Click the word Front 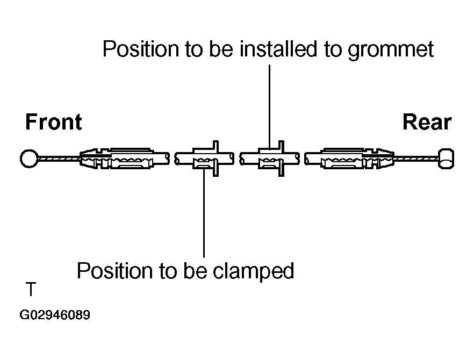54,123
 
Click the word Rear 427,123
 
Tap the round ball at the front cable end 28,159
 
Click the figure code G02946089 55,315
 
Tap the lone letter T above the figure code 31,290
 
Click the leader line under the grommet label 269,102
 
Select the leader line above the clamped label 204,215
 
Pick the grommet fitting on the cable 271,159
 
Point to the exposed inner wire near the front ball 59,159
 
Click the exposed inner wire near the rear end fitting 416,159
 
